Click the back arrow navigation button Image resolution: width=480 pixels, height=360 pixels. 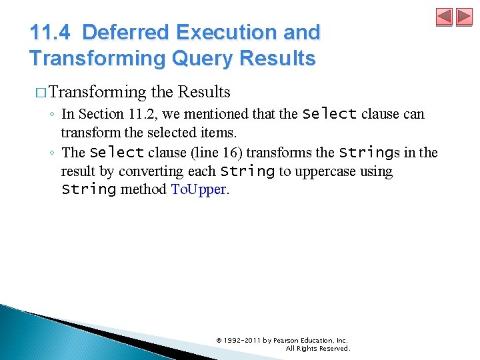click(445, 17)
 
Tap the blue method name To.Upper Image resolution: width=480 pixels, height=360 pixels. click(200, 189)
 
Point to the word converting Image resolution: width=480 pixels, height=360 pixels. click(155, 171)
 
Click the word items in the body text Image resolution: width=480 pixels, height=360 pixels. click(217, 133)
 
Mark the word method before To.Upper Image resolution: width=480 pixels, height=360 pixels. click(143, 189)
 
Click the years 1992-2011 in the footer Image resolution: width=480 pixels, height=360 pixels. click(243, 340)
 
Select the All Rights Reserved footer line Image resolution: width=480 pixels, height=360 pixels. click(317, 348)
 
